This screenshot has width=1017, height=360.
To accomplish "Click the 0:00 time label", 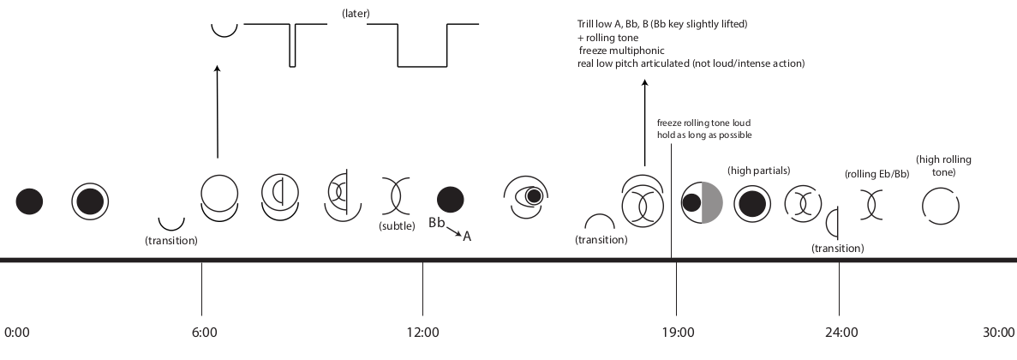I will (x=19, y=332).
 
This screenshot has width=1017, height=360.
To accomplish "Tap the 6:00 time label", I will (x=203, y=332).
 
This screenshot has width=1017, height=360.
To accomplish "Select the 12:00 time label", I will (x=423, y=332).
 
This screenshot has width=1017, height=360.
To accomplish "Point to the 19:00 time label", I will (x=676, y=332).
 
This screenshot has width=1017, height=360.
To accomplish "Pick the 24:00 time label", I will (x=841, y=332).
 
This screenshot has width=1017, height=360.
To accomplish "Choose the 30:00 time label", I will (x=999, y=332).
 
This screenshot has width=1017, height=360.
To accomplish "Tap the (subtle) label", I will (x=397, y=226).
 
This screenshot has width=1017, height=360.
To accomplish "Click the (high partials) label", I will (x=758, y=171).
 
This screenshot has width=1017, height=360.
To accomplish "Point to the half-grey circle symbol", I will (x=702, y=203).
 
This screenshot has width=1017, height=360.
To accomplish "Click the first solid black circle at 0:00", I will (x=30, y=201).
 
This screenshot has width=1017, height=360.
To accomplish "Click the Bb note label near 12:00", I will (x=437, y=223).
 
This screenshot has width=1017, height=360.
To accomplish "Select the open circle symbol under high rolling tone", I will (x=940, y=206).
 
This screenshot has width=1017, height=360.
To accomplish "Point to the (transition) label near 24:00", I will (x=837, y=248).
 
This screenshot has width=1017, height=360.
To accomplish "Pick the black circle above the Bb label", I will (x=451, y=200).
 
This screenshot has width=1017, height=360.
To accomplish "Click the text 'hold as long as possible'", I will (x=703, y=135).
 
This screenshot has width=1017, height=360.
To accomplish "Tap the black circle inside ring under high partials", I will (x=753, y=204).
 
